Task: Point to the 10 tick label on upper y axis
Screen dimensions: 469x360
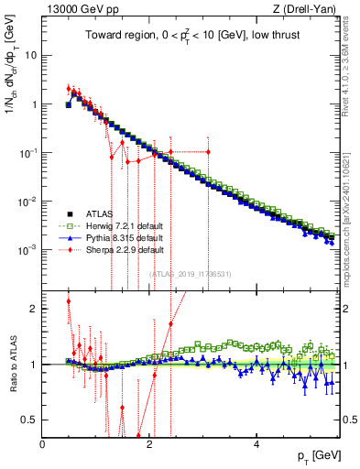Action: click(30, 55)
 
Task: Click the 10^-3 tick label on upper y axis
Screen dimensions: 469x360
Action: click(27, 249)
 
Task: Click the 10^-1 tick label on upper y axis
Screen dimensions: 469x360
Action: click(27, 152)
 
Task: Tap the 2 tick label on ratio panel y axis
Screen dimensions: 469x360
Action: click(33, 309)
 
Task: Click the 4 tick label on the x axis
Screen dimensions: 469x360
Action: click(256, 445)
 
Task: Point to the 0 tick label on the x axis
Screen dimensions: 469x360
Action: click(42, 445)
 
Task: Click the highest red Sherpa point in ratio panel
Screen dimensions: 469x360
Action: click(69, 300)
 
